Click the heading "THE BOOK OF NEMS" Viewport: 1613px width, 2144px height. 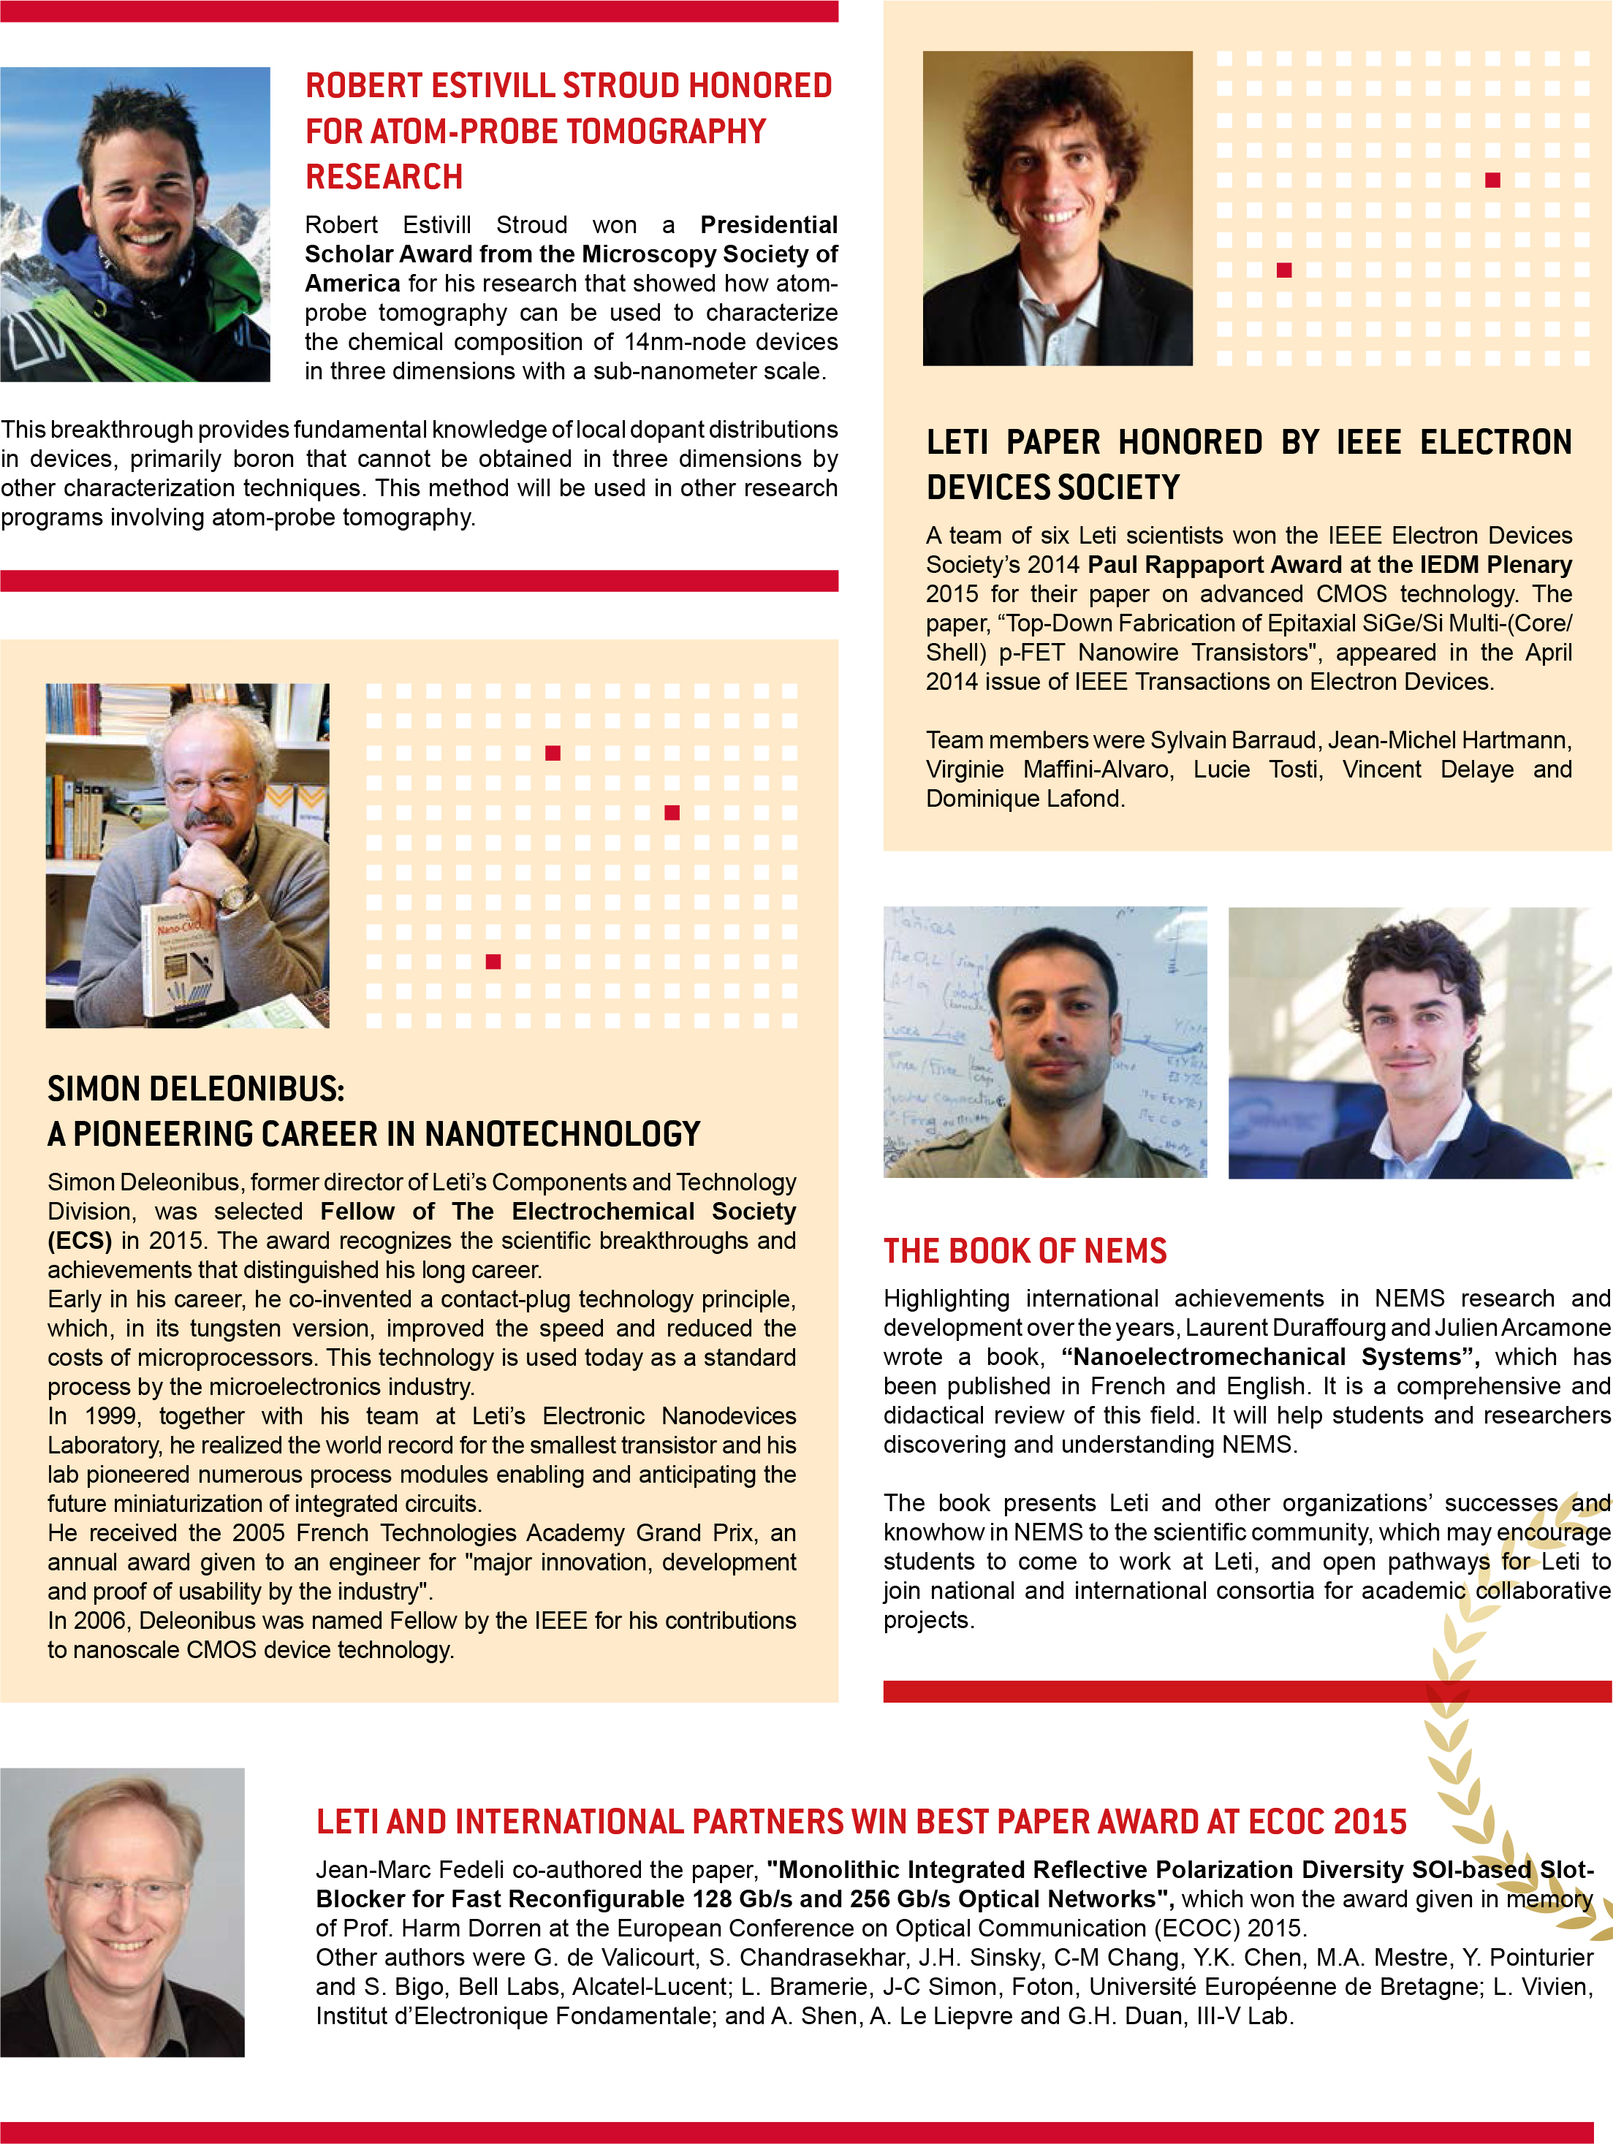point(1025,1250)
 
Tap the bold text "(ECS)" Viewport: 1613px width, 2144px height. point(80,1241)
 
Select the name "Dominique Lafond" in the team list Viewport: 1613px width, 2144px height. point(1024,799)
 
